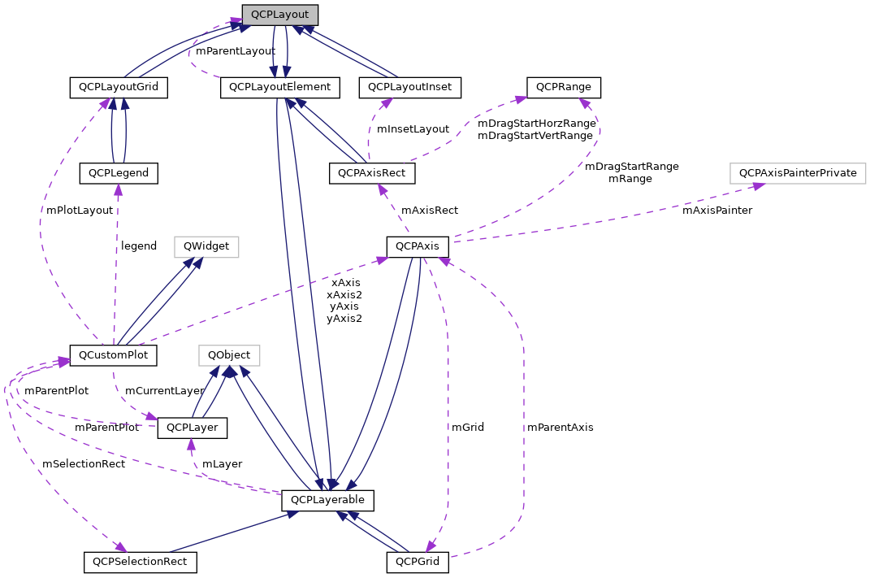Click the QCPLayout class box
click(x=279, y=15)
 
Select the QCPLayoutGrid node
click(x=118, y=87)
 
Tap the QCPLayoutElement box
click(x=279, y=87)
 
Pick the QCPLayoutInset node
click(x=410, y=87)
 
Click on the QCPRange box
click(x=564, y=87)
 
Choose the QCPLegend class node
click(x=119, y=173)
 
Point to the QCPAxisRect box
click(x=372, y=173)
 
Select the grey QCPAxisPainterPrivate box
click(x=797, y=173)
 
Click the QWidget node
click(x=206, y=246)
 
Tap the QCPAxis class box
click(x=418, y=246)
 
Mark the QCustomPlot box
click(x=113, y=355)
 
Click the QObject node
click(x=229, y=355)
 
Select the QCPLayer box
click(x=192, y=428)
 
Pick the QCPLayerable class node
click(x=327, y=500)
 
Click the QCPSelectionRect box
click(x=141, y=562)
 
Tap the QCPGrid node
click(x=418, y=562)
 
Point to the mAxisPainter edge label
click(x=717, y=211)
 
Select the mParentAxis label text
click(x=560, y=428)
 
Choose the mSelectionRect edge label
click(x=84, y=464)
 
